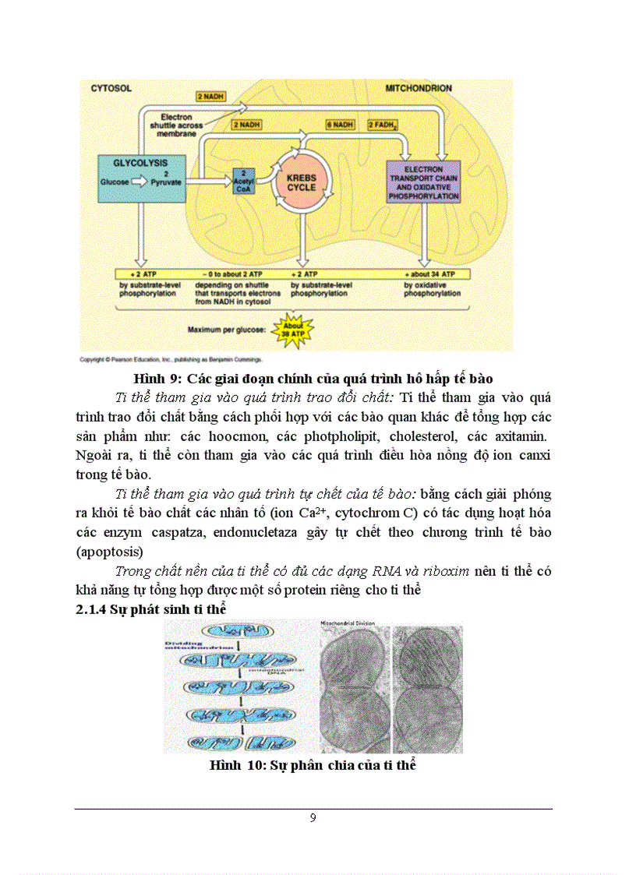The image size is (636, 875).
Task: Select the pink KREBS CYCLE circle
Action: click(x=300, y=183)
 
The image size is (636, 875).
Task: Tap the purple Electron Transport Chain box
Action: click(x=423, y=182)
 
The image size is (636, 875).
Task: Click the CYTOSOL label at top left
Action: click(x=109, y=89)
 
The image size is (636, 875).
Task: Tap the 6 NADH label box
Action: click(x=340, y=125)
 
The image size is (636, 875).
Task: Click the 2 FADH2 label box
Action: click(x=384, y=125)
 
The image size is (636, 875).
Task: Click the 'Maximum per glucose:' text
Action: click(x=226, y=330)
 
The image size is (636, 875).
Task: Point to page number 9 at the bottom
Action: click(x=313, y=817)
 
